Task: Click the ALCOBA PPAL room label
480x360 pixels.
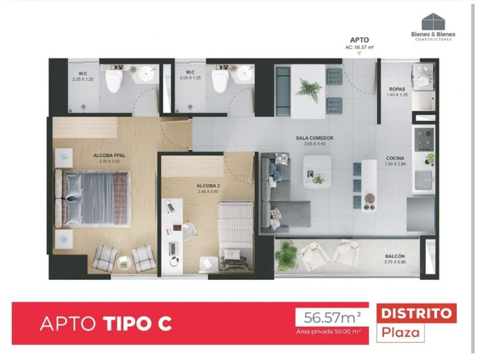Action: click(x=109, y=155)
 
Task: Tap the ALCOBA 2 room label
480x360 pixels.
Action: click(x=208, y=186)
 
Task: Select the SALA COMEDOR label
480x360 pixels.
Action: click(x=314, y=138)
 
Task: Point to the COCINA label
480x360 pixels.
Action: click(x=395, y=158)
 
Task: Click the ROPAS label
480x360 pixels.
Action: click(x=397, y=89)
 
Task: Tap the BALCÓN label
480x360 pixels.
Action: click(x=395, y=256)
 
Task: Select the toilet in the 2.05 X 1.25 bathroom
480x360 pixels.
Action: click(x=220, y=81)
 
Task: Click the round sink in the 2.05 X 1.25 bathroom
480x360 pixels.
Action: click(x=245, y=74)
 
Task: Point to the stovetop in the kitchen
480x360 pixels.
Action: click(x=424, y=139)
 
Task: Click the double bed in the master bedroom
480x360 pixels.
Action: click(x=92, y=198)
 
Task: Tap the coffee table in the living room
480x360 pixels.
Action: click(x=317, y=172)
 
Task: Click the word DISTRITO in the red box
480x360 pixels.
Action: click(x=417, y=313)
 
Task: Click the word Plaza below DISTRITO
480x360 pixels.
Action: click(x=401, y=332)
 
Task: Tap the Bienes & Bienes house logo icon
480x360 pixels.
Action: click(x=433, y=22)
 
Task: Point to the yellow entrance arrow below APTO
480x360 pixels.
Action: click(x=359, y=53)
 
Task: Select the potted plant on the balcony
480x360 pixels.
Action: click(x=286, y=254)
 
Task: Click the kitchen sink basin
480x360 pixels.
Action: click(x=423, y=180)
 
